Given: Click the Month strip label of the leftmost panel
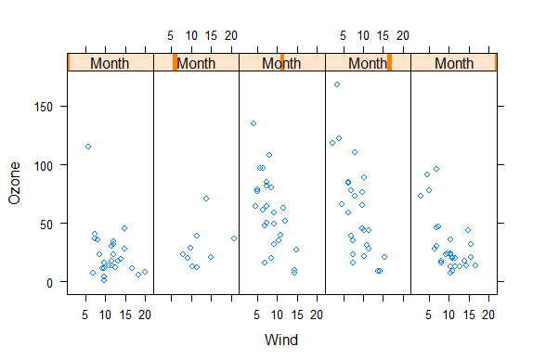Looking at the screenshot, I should [110, 63].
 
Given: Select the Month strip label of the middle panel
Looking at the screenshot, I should [281, 63].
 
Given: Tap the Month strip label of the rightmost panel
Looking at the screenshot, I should [454, 63].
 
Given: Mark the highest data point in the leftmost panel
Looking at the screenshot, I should [88, 147].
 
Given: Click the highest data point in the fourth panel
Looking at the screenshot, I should [337, 84].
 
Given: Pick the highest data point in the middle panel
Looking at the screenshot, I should [253, 123].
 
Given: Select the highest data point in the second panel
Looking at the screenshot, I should [206, 199].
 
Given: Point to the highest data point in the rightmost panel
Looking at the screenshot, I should [436, 169].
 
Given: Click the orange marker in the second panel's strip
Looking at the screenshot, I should [175, 63].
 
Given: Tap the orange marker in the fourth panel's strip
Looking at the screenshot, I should [390, 63].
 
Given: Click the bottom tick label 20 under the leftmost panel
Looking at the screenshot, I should [145, 315].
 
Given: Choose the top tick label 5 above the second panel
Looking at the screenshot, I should [171, 36].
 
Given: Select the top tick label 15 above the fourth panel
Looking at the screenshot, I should [383, 36].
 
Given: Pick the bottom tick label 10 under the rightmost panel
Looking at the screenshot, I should [448, 315].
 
